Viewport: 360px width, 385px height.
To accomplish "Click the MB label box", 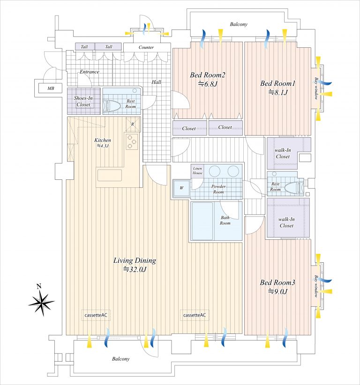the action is coord(50,88).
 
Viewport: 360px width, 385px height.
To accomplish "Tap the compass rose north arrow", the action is coord(42,301).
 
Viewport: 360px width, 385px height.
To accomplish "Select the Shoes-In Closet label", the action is coord(83,101).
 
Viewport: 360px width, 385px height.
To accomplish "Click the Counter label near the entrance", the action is coord(146,47).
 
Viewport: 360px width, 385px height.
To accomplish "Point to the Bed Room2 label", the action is coord(207,75).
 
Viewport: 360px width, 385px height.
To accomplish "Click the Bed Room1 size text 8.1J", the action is coord(277,93).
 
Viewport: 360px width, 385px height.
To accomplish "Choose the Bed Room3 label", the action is coord(277,282).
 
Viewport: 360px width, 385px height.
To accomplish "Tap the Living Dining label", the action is coord(135,260).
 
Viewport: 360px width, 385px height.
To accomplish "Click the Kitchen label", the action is coord(103,140).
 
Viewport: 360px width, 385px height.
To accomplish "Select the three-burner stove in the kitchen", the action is coord(133,141).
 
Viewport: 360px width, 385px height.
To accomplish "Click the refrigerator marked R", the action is coord(133,124).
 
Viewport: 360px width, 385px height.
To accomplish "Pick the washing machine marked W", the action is coord(181,188).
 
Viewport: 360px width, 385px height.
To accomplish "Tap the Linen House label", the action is coord(197,170).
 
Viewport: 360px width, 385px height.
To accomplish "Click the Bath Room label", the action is coord(225,220).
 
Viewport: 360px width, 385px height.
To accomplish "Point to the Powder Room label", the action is coord(218,189).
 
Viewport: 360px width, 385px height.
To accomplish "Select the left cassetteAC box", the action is coord(96,315).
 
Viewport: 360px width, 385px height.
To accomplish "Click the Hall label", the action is coord(156,82).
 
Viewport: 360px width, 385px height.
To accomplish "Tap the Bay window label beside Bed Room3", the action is coord(316,286).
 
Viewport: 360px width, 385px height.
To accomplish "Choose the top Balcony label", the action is coord(239,24).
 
